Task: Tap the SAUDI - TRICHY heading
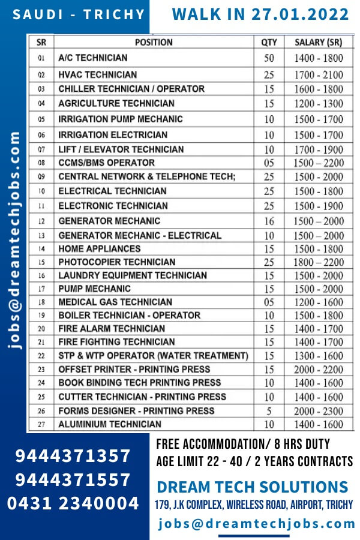click(x=79, y=15)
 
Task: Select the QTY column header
click(x=269, y=43)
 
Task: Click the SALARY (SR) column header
click(x=318, y=43)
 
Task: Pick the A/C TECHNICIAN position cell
click(x=93, y=58)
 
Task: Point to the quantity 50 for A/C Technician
click(x=269, y=59)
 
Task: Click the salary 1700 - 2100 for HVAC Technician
click(x=318, y=75)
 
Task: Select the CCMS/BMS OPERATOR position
click(x=106, y=163)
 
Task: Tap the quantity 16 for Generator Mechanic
click(x=269, y=221)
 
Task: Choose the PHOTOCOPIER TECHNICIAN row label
click(x=116, y=262)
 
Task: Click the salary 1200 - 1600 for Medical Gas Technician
click(x=318, y=302)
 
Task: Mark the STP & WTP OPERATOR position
click(x=152, y=356)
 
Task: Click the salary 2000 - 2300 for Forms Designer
click(x=318, y=411)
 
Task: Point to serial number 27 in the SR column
click(x=41, y=424)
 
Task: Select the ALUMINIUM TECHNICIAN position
click(x=109, y=424)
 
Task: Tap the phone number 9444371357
click(x=73, y=457)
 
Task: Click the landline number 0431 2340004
click(x=73, y=503)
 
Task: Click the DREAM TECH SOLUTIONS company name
click(x=252, y=487)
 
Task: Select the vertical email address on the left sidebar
click(x=15, y=240)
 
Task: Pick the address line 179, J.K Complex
click(x=254, y=505)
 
